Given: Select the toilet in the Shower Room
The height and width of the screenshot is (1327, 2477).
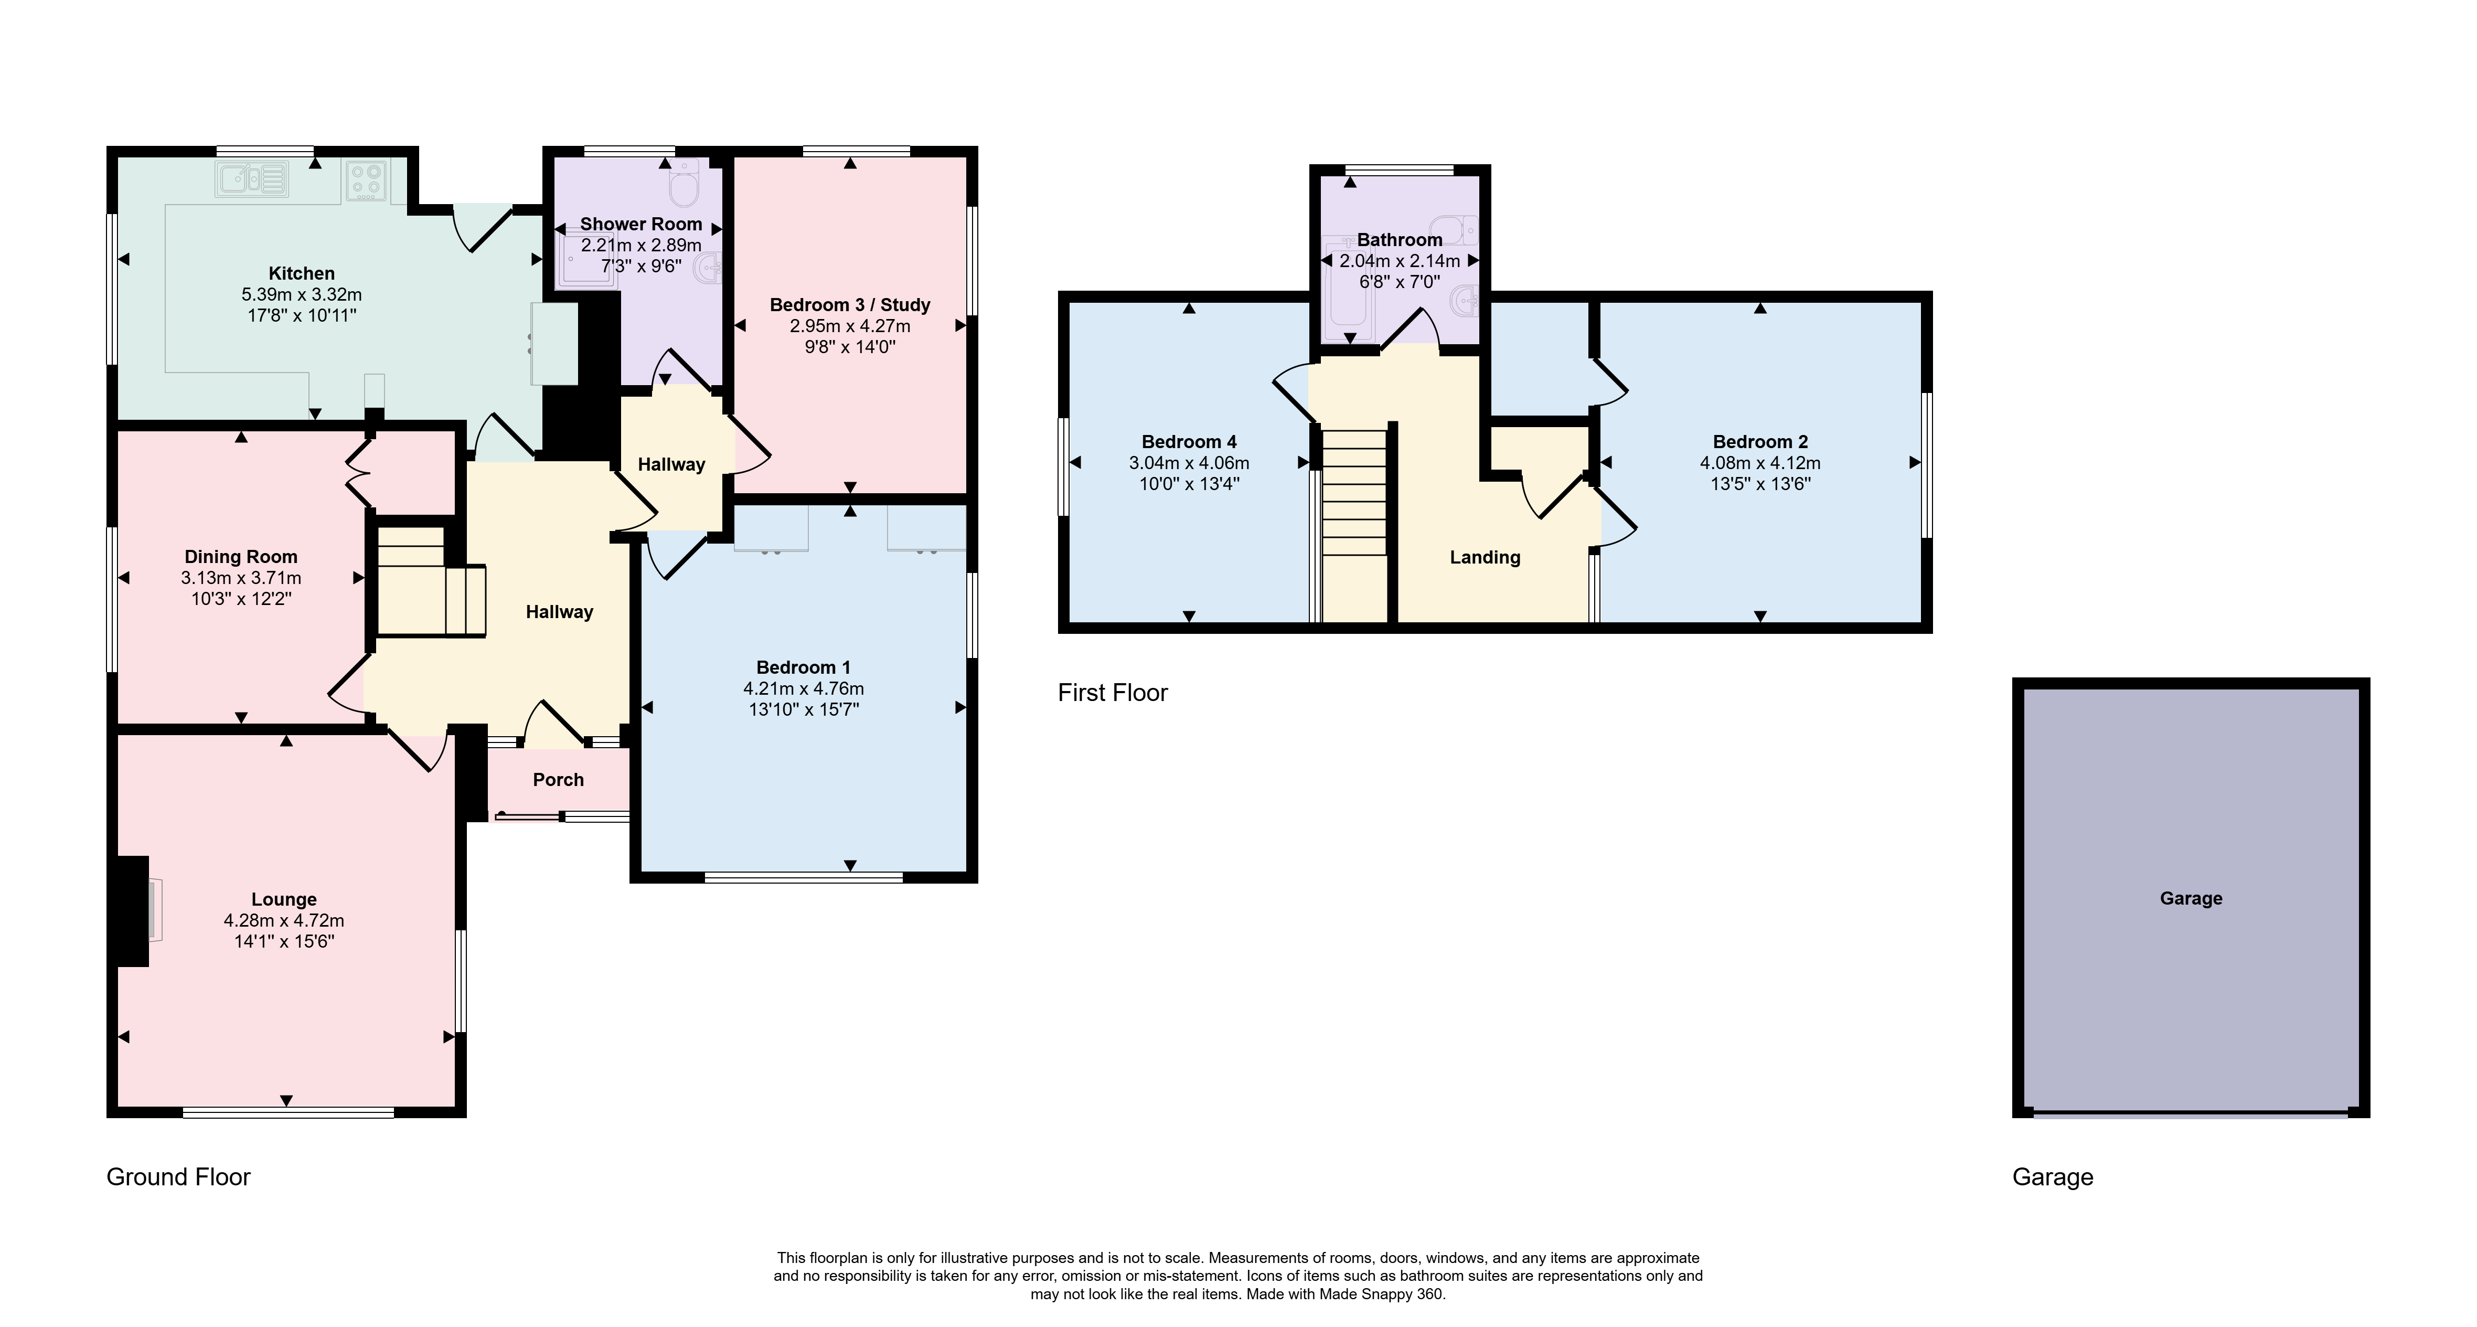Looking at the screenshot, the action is point(684,185).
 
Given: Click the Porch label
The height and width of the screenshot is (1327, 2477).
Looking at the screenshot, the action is point(559,780).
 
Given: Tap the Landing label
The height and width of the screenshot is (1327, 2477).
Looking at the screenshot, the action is point(1485,558).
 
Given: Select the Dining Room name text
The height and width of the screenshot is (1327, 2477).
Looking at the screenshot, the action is point(241,557).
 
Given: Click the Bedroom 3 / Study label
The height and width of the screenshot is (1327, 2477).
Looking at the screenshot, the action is point(850,305).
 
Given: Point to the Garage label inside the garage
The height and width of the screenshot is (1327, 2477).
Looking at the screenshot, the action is point(2191,898).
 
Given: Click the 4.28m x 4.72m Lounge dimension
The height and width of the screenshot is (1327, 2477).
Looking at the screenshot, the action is point(285,920).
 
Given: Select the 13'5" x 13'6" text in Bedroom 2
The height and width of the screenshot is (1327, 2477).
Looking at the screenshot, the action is point(1760,484).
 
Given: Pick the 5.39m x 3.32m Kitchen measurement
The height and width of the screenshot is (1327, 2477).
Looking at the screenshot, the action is point(302,294).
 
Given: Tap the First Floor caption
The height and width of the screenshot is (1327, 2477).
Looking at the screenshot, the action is point(1113,692).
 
